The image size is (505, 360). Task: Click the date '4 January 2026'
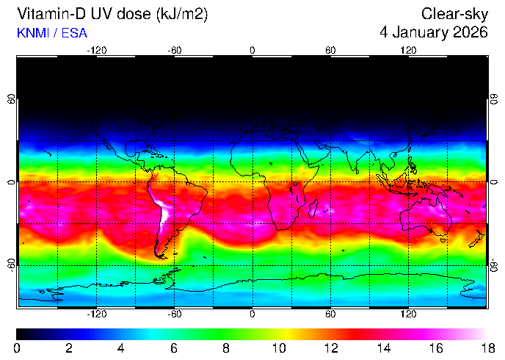coord(434,32)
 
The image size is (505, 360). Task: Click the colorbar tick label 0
coord(17,348)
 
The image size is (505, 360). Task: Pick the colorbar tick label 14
coord(383,348)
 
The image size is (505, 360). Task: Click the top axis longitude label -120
coord(97,50)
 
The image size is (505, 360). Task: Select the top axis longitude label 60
coord(330,50)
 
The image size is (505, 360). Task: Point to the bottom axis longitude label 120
coord(408,314)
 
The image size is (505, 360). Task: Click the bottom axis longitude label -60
coord(175,314)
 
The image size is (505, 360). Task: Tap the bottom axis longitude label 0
coord(252,314)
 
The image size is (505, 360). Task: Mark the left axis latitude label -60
coord(11,263)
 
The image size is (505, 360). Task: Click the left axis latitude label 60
coord(11,99)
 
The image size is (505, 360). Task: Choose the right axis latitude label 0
coord(494,181)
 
